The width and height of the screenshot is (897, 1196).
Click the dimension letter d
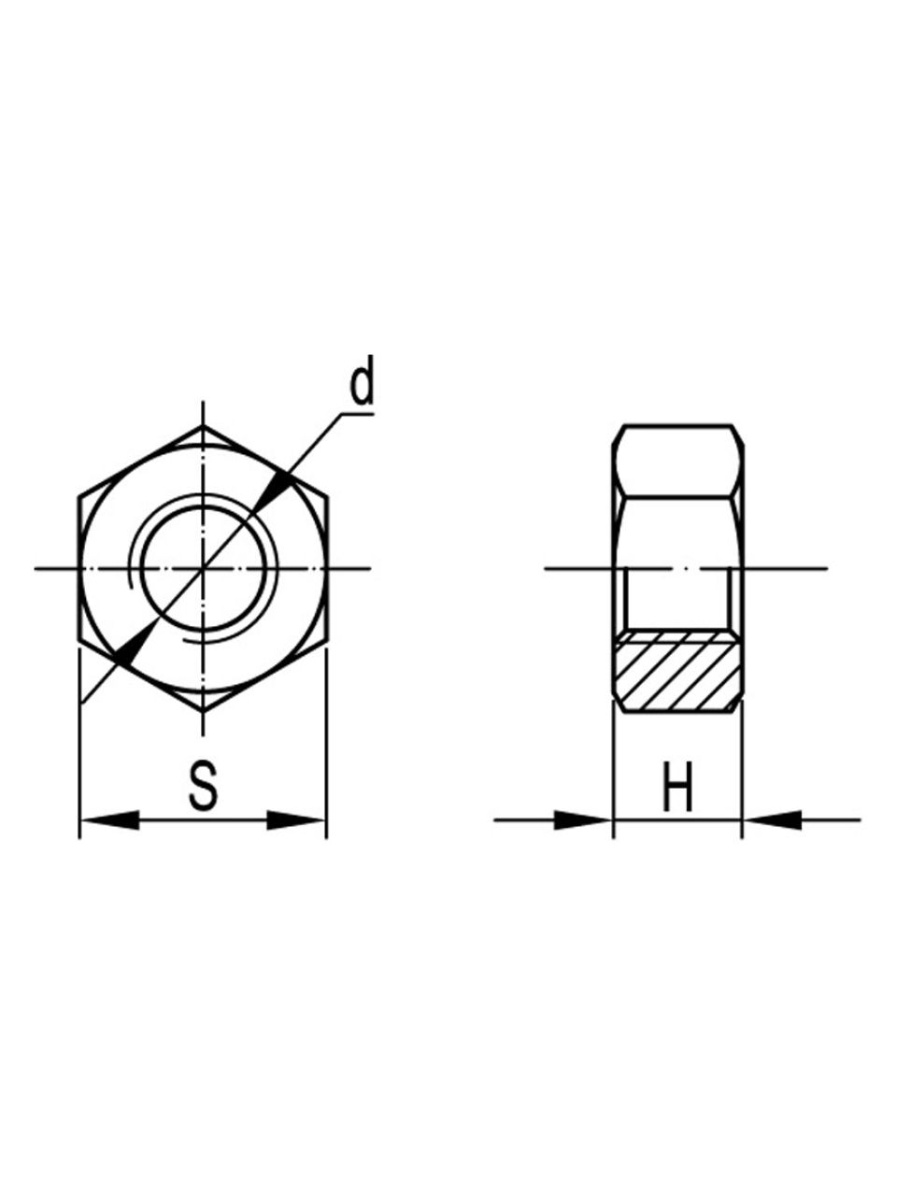[x=362, y=380]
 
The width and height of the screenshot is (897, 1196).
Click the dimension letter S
[x=203, y=785]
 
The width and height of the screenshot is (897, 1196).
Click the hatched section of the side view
[x=678, y=671]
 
